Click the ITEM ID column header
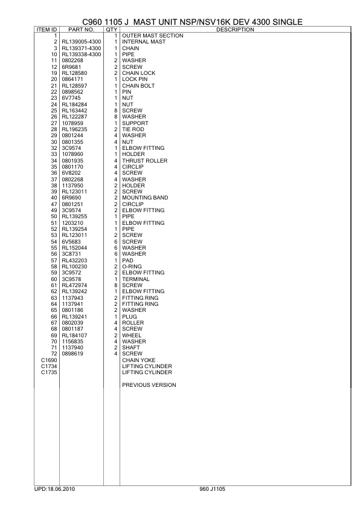(x=47, y=29)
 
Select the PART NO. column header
(x=81, y=29)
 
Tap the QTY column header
(x=111, y=29)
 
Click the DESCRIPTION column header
(x=234, y=29)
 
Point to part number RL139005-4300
(x=82, y=42)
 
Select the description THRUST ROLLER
(x=144, y=160)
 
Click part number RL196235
(x=74, y=129)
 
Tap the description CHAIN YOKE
(x=138, y=360)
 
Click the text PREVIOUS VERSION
(x=149, y=385)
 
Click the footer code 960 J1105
(x=211, y=487)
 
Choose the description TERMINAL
(x=136, y=279)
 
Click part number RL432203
(x=74, y=260)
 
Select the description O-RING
(x=132, y=266)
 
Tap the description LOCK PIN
(x=135, y=79)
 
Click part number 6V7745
(x=72, y=98)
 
